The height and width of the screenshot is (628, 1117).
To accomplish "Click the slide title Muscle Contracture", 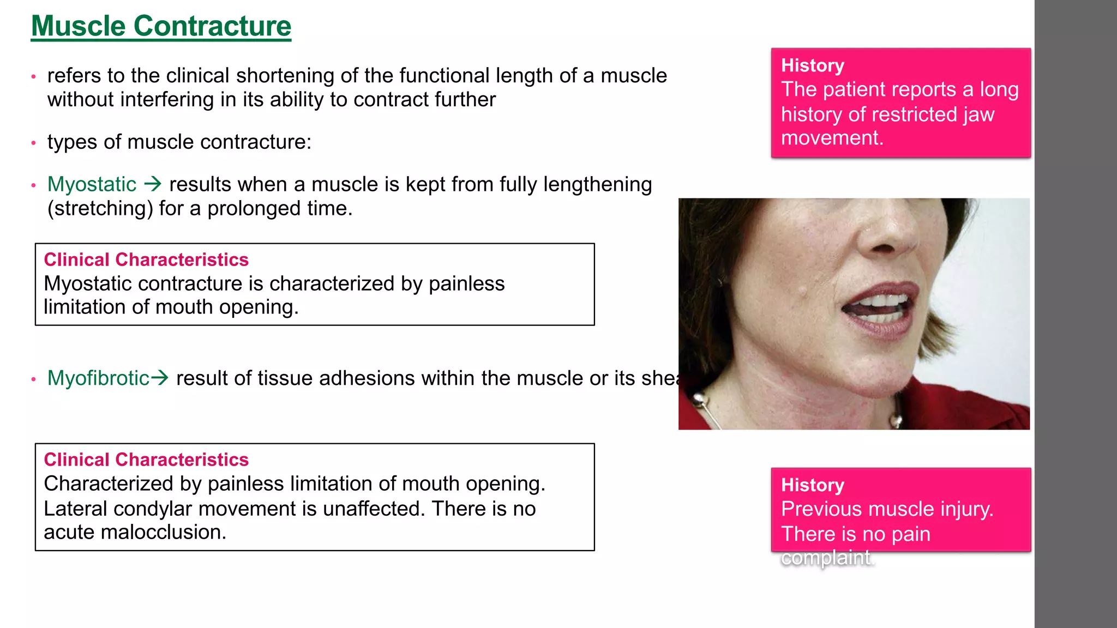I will (161, 26).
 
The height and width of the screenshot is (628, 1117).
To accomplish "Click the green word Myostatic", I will (92, 184).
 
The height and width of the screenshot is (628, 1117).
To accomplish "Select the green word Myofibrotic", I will (98, 378).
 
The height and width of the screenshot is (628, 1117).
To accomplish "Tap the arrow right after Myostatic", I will (153, 184).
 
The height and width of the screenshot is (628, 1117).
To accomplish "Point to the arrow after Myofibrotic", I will (159, 377).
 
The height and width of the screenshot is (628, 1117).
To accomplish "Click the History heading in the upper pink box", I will (812, 65).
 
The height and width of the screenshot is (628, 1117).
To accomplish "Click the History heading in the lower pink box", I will (812, 485).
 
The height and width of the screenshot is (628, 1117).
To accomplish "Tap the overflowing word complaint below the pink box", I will (826, 558).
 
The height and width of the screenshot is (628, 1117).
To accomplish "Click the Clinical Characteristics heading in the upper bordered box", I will (146, 259).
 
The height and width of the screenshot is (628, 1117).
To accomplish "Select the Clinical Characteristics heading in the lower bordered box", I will (146, 460).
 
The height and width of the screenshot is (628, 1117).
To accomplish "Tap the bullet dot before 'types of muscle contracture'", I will (34, 143).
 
